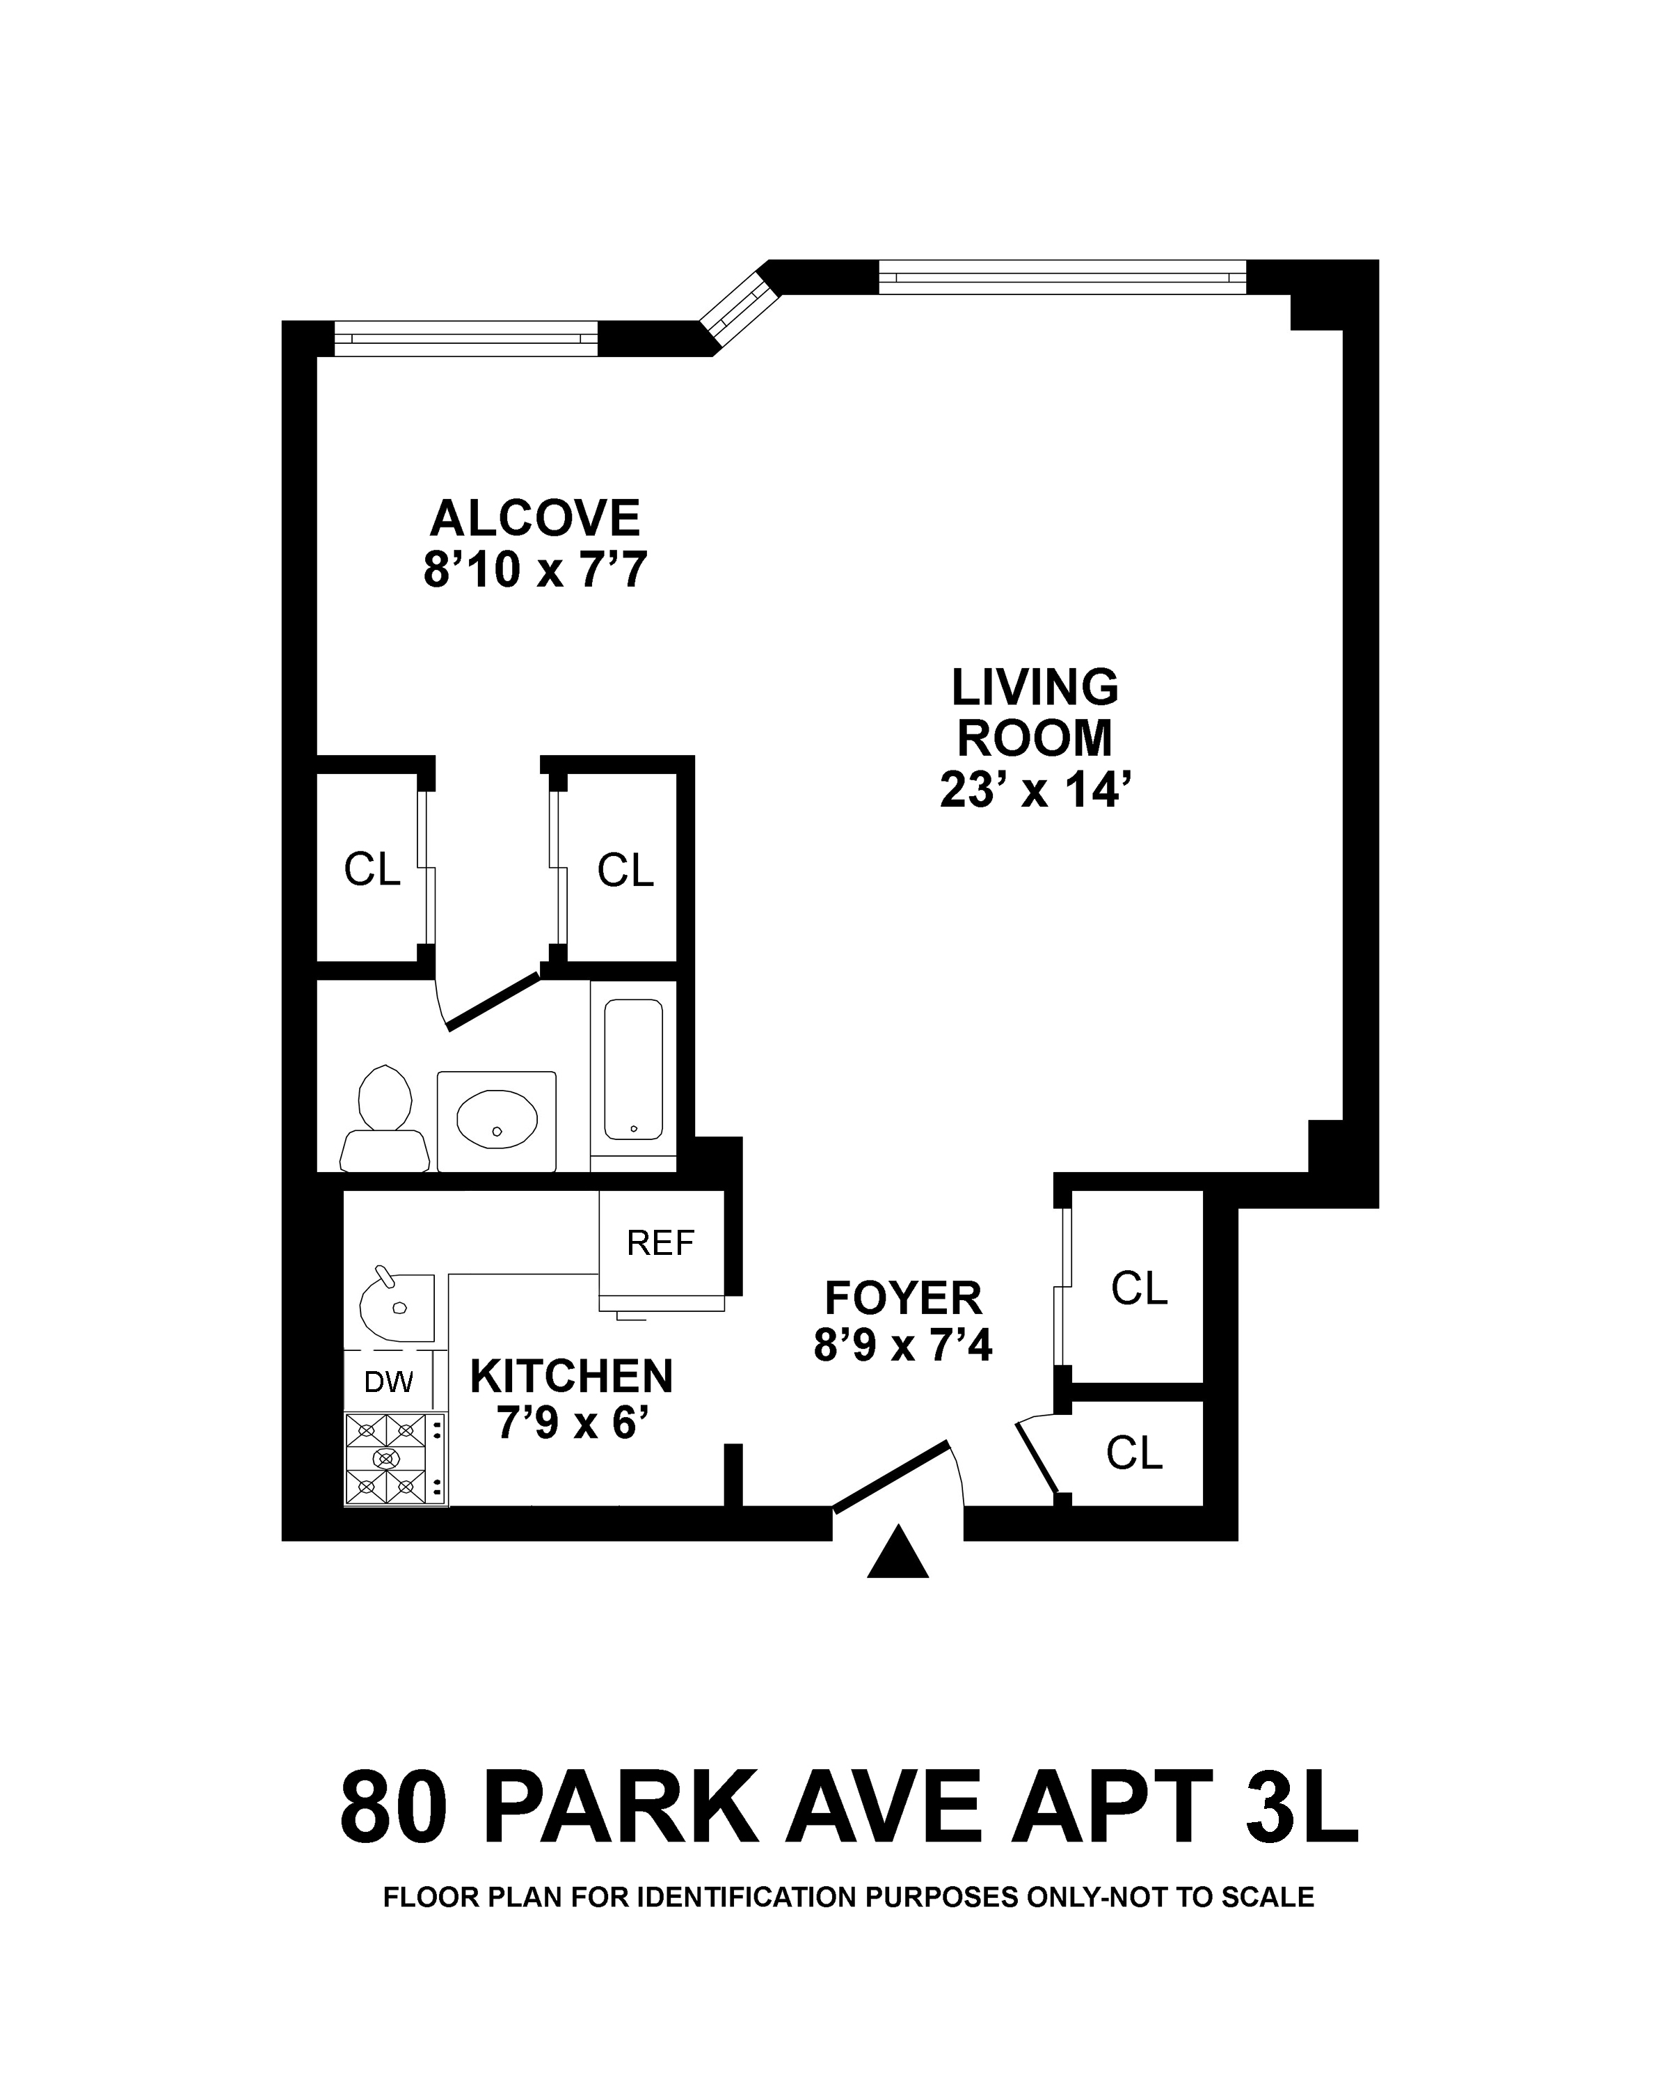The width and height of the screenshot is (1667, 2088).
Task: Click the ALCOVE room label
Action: pyautogui.click(x=534, y=519)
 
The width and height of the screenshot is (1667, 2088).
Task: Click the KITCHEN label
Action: pyautogui.click(x=571, y=1376)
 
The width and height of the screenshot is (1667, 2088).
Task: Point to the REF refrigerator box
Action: pyautogui.click(x=661, y=1242)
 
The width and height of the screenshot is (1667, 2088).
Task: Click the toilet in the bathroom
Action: pyautogui.click(x=385, y=1121)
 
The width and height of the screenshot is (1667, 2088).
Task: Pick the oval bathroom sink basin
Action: pyautogui.click(x=497, y=1121)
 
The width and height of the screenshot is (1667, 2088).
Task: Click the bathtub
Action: pyautogui.click(x=634, y=1069)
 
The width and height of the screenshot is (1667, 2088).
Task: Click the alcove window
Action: pyautogui.click(x=465, y=338)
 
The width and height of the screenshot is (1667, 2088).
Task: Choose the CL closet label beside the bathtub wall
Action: pyautogui.click(x=625, y=871)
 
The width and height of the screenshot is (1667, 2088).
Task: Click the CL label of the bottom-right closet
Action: pyautogui.click(x=1133, y=1453)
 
